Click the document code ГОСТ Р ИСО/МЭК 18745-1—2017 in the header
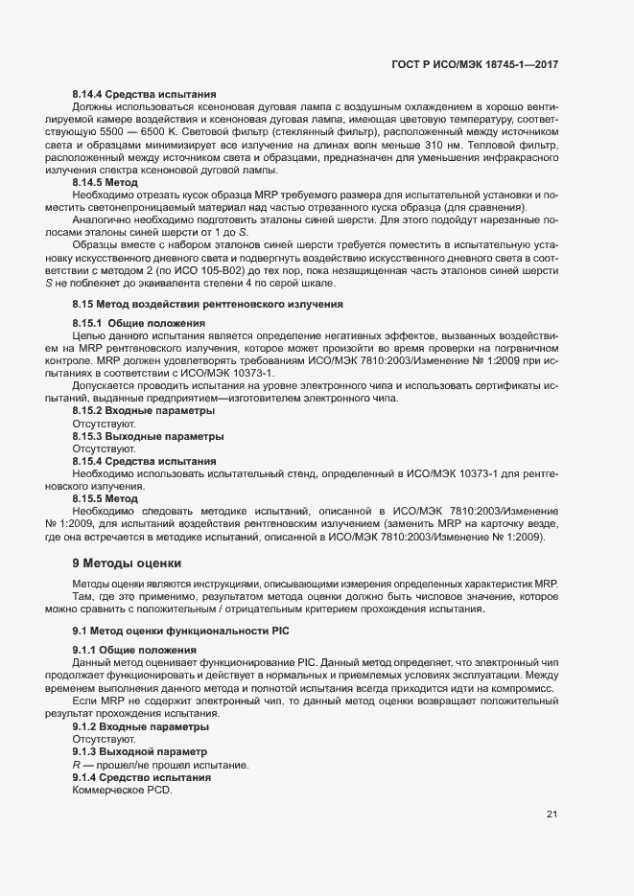475,63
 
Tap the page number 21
552,815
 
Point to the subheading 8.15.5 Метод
106,498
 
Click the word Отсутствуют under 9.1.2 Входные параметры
104,739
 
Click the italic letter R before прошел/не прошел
76,765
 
